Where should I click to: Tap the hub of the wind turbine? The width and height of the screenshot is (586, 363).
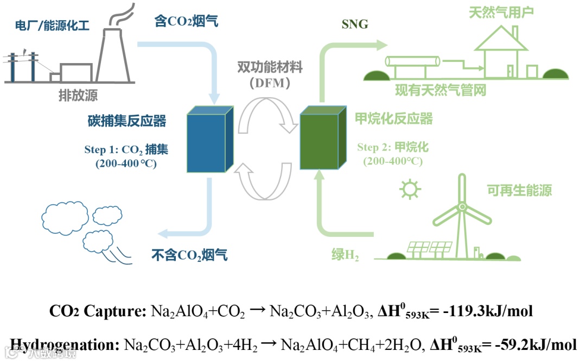(x=462, y=207)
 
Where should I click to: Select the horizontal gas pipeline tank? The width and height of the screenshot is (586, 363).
(x=412, y=61)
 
